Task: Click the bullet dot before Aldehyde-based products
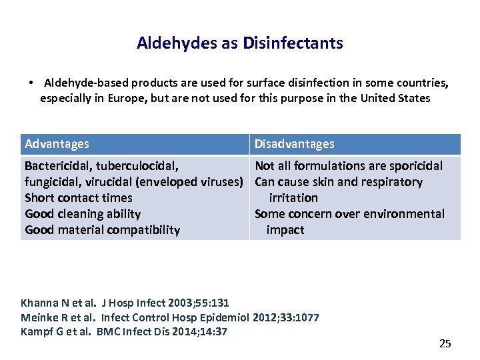pyautogui.click(x=31, y=83)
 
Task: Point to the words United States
pyautogui.click(x=395, y=99)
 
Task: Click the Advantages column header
pyautogui.click(x=57, y=144)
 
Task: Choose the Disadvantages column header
pyautogui.click(x=295, y=144)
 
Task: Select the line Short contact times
pyautogui.click(x=78, y=198)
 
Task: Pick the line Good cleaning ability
pyautogui.click(x=83, y=214)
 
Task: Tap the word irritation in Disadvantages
pyautogui.click(x=293, y=198)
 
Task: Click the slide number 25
pyautogui.click(x=445, y=344)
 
